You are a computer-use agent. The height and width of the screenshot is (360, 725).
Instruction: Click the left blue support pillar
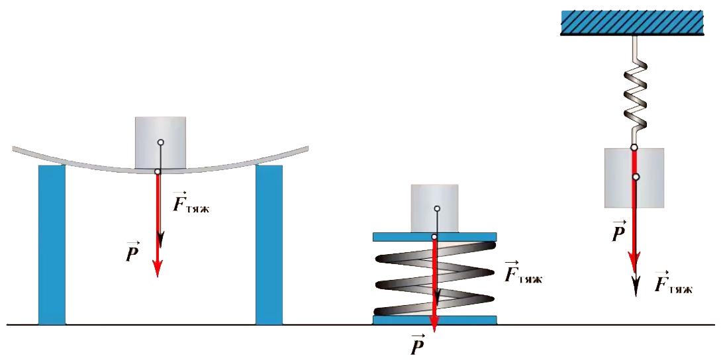(x=52, y=245)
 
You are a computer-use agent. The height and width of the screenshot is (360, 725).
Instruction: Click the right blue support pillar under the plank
(x=269, y=245)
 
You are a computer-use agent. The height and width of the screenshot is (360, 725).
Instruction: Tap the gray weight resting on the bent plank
(x=160, y=143)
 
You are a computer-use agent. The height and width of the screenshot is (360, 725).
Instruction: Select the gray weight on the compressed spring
(x=434, y=208)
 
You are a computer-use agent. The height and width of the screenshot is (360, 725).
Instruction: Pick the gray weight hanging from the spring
(x=634, y=177)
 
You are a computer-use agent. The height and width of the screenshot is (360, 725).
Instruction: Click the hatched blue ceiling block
(x=632, y=22)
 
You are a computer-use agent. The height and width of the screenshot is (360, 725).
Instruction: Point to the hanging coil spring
(x=634, y=91)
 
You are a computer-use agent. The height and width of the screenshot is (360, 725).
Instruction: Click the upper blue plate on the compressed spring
(x=434, y=237)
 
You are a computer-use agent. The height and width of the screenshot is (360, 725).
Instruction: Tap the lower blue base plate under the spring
(x=434, y=320)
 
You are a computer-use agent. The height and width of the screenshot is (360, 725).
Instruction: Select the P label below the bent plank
(x=132, y=251)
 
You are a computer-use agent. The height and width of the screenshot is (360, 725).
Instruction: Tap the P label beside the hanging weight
(x=618, y=232)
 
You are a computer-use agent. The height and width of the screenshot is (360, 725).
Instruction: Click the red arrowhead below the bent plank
(x=158, y=267)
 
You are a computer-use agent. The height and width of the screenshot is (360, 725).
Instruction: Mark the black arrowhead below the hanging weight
(x=636, y=287)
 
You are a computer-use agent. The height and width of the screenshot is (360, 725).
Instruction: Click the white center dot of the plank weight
(x=160, y=142)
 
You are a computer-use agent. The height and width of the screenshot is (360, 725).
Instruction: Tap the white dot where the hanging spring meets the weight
(x=634, y=148)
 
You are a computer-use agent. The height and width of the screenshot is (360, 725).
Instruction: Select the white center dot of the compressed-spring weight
(x=436, y=208)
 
